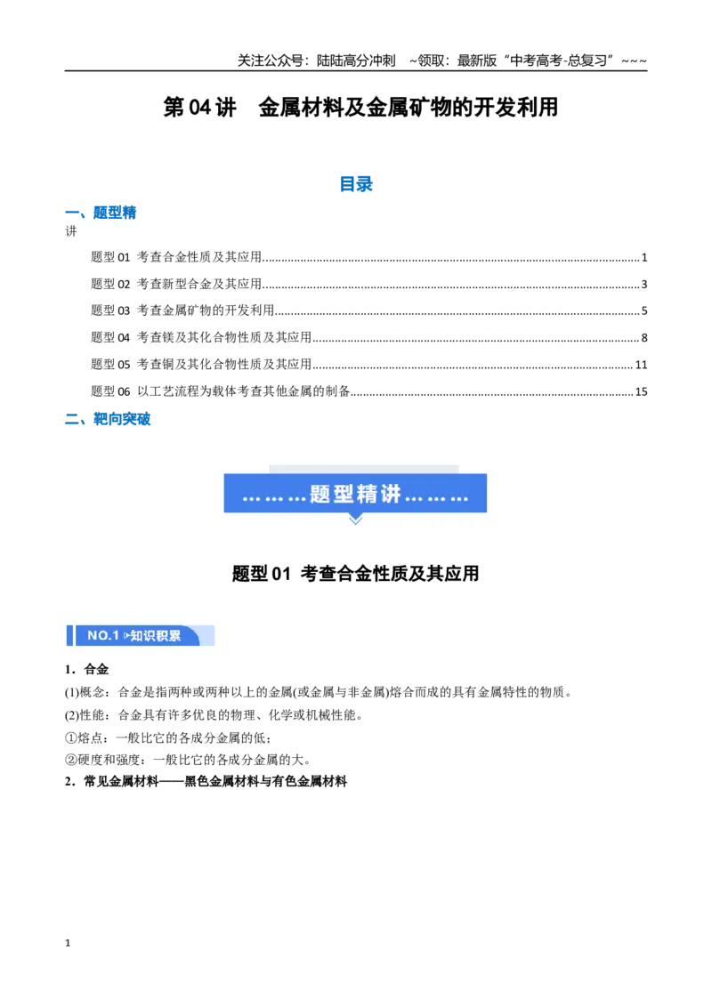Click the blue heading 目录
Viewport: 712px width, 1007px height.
(356, 184)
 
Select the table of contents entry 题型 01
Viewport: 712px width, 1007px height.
(176, 257)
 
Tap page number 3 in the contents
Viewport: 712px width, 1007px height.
(643, 284)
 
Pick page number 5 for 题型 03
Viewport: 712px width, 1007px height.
(643, 310)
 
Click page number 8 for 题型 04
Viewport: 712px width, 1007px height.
(643, 338)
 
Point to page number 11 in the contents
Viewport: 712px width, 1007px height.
(642, 365)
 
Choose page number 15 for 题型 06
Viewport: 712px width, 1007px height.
(642, 391)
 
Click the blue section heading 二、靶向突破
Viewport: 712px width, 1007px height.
(108, 419)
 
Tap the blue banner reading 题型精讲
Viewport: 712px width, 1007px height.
(355, 493)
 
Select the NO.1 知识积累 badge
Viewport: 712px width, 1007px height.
(141, 635)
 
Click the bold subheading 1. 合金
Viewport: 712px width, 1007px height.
(86, 669)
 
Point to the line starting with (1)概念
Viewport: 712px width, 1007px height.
(319, 692)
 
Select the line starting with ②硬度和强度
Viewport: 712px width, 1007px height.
(189, 760)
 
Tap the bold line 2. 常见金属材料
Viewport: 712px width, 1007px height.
(206, 782)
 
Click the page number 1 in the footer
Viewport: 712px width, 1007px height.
(68, 943)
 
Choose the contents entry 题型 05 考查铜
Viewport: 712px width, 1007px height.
(201, 364)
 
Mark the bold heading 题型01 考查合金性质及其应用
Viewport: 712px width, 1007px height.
(355, 573)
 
